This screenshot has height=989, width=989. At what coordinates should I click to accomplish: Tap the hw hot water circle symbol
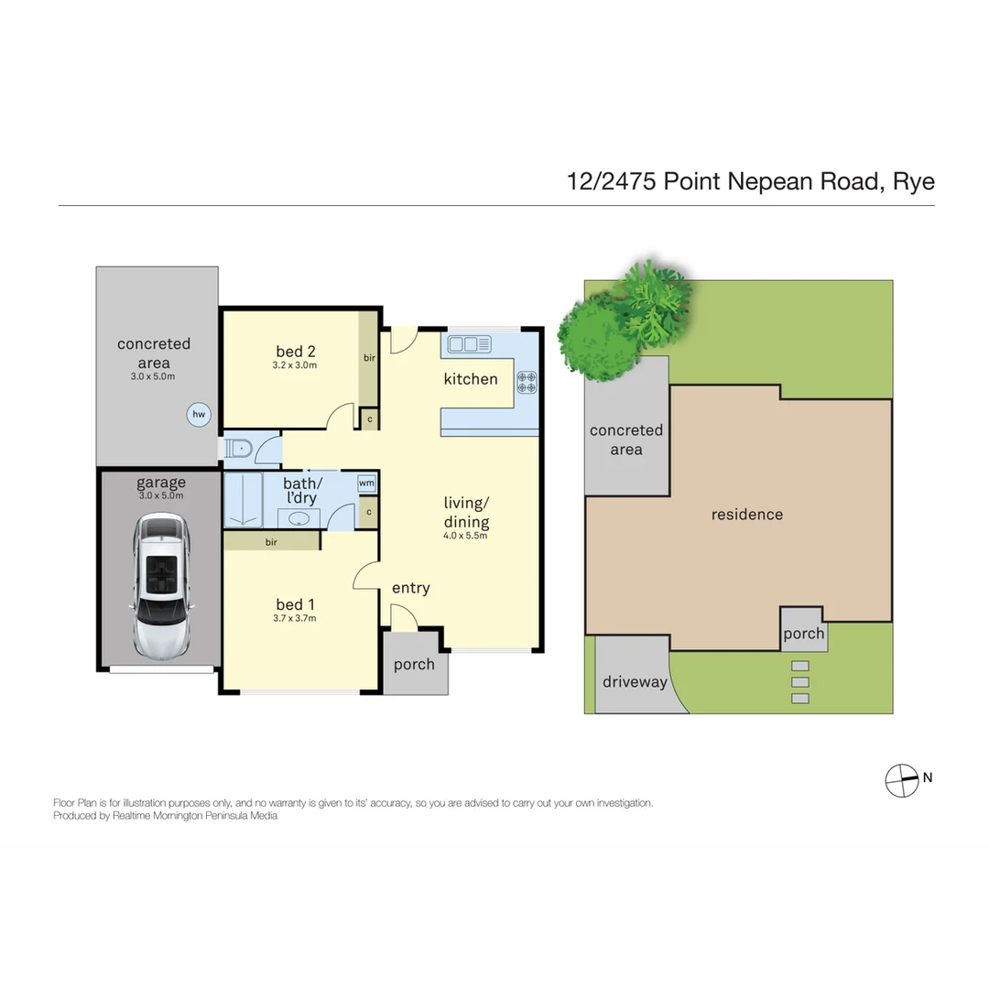[198, 415]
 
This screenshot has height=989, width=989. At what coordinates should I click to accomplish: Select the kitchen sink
[470, 344]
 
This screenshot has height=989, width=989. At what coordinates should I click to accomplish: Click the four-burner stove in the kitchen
[527, 381]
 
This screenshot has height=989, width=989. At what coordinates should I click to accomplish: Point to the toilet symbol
[241, 449]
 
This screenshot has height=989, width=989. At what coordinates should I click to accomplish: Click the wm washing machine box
[366, 483]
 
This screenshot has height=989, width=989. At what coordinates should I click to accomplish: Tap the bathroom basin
[298, 518]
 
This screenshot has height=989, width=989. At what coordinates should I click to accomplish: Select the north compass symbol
[901, 779]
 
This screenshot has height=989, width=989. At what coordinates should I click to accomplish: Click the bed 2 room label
[296, 351]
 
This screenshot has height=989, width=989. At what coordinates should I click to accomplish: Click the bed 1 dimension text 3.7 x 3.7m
[296, 619]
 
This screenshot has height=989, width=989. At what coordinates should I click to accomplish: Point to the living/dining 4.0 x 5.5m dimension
[466, 537]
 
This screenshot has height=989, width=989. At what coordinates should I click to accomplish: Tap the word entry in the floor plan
[410, 588]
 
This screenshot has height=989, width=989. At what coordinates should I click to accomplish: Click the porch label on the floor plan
[414, 664]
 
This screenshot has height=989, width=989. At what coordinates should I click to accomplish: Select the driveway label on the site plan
[635, 681]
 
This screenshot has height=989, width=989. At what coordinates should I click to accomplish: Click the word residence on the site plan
[747, 515]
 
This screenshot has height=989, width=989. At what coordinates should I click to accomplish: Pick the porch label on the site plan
[803, 634]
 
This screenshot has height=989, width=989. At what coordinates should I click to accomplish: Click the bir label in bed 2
[369, 358]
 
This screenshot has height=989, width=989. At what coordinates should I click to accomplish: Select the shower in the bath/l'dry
[244, 500]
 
